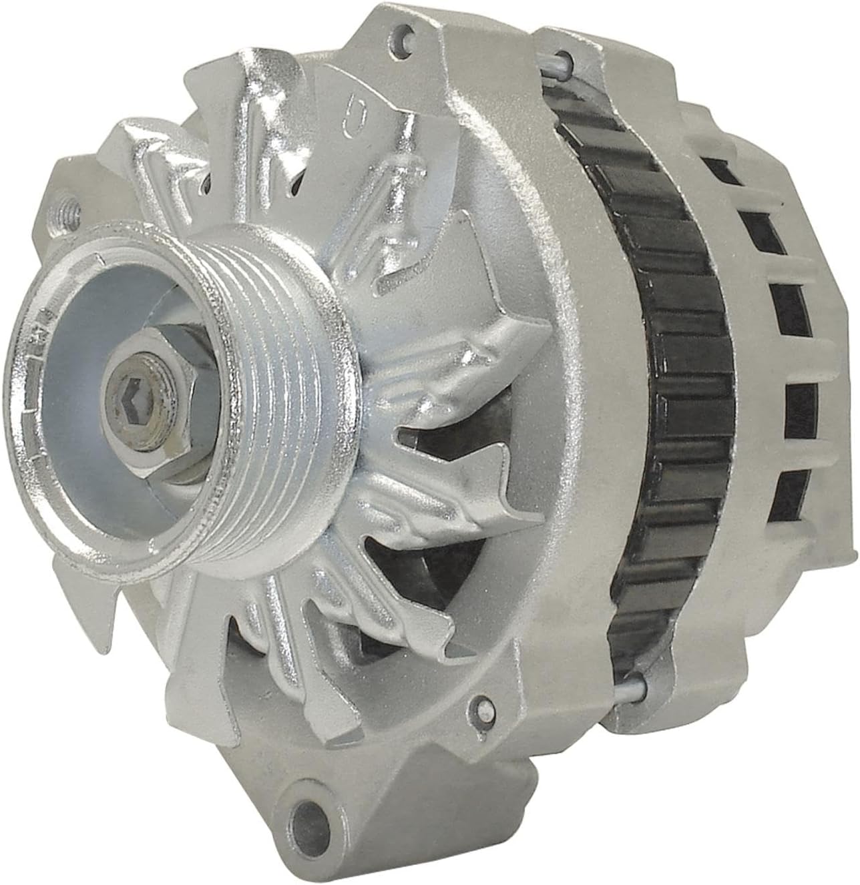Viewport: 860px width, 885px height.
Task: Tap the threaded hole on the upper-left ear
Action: [x=69, y=203]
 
